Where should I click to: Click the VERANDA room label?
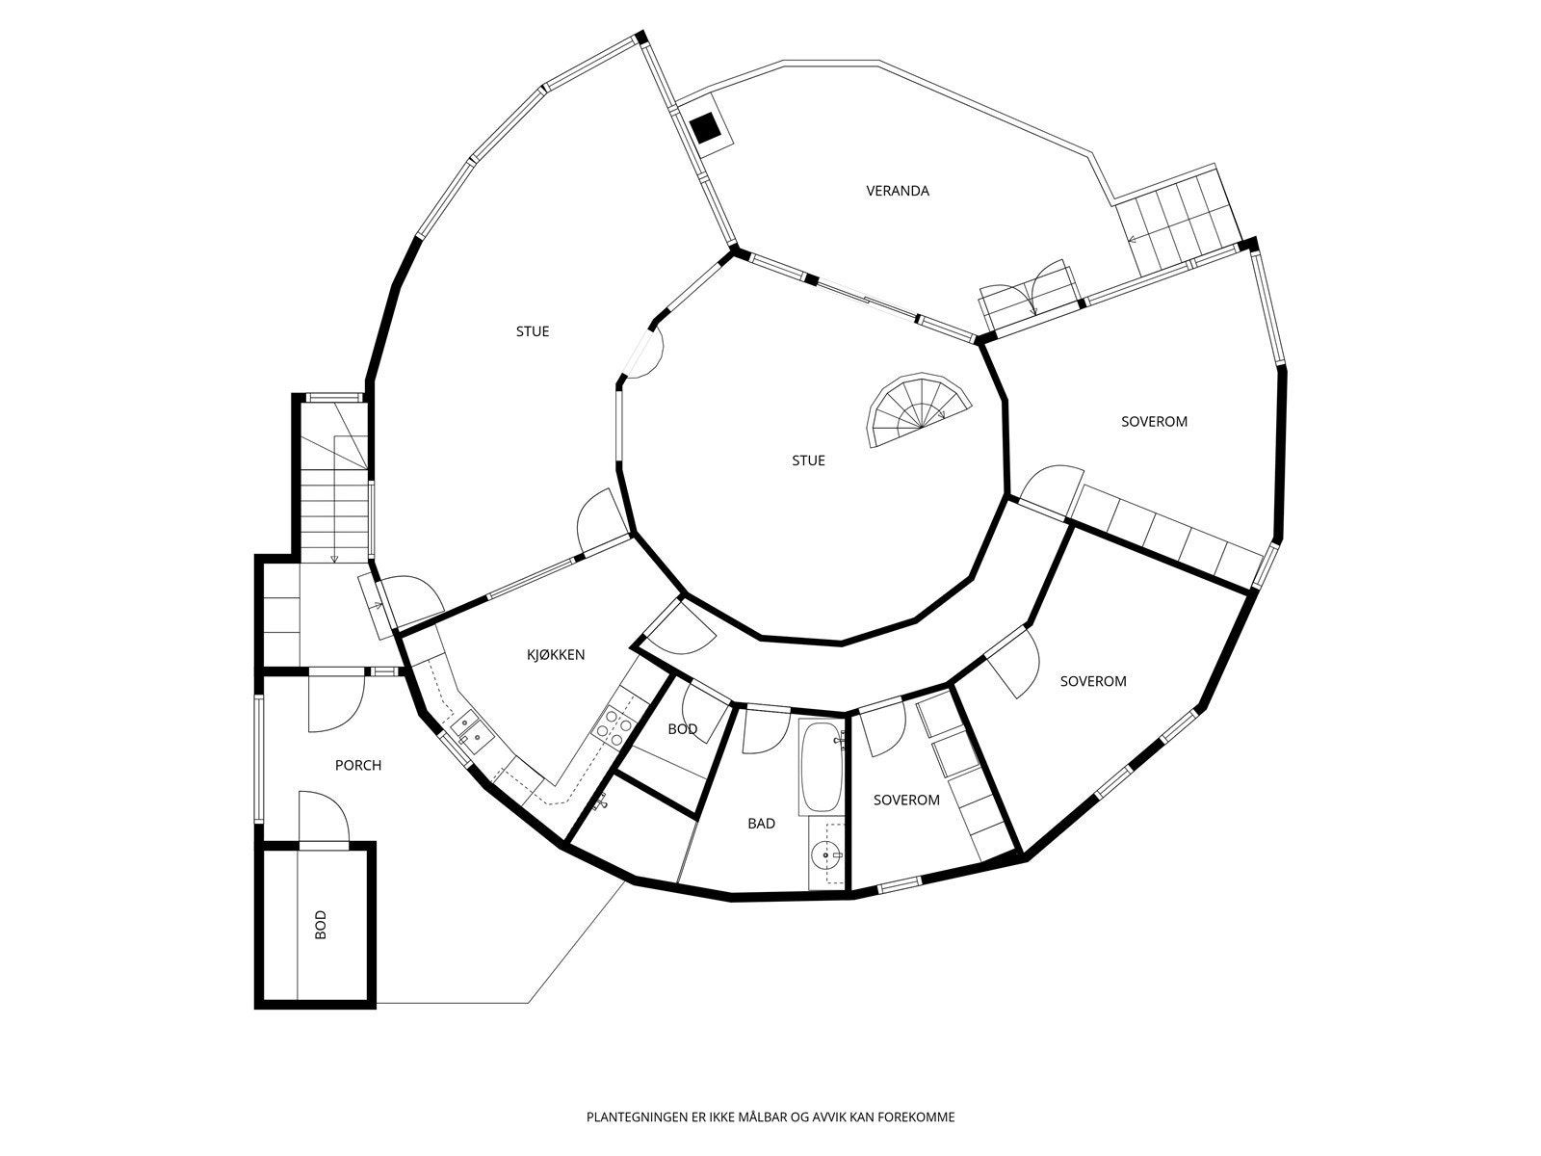tap(897, 191)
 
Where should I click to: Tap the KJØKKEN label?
tap(556, 655)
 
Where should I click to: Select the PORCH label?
tap(358, 766)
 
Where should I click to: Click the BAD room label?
tap(761, 824)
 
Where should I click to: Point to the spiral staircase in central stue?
tap(916, 409)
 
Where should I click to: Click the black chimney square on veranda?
tap(705, 126)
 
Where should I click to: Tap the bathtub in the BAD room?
tap(821, 766)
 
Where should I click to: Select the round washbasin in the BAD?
tap(826, 854)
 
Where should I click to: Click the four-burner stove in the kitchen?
tap(614, 724)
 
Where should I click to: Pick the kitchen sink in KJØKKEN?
tap(471, 728)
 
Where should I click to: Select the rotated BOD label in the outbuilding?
tap(321, 925)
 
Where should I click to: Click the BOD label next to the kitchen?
tap(683, 729)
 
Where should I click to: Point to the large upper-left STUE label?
tap(533, 331)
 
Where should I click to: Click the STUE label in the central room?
tap(808, 460)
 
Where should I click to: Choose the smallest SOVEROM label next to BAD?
tap(906, 800)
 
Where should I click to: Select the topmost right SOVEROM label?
tap(1154, 421)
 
